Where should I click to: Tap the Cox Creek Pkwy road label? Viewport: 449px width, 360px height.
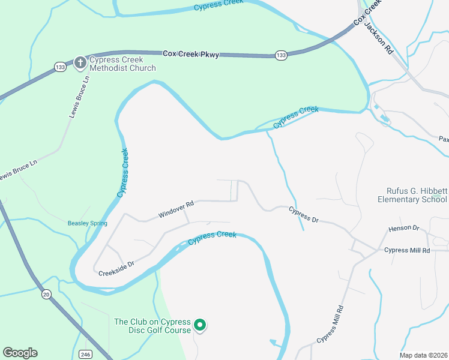(x=190, y=54)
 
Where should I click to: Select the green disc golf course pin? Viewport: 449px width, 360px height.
(x=201, y=326)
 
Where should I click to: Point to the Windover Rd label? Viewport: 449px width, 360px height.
(x=176, y=209)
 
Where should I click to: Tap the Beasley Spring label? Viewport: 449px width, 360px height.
(x=87, y=223)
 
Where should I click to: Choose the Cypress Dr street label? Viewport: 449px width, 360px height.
(x=303, y=215)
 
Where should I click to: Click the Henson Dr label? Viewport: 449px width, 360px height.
(x=403, y=228)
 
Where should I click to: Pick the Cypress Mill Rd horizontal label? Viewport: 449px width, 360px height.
(x=407, y=250)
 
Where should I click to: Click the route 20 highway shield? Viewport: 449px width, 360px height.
(x=46, y=295)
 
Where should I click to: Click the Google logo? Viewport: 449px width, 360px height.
(x=20, y=353)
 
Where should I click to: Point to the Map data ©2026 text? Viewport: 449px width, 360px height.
(x=424, y=355)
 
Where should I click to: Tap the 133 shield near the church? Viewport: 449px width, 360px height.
(x=59, y=67)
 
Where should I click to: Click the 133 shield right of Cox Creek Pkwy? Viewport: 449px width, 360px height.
(x=281, y=55)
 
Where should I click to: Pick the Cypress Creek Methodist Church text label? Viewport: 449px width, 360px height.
(x=122, y=64)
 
